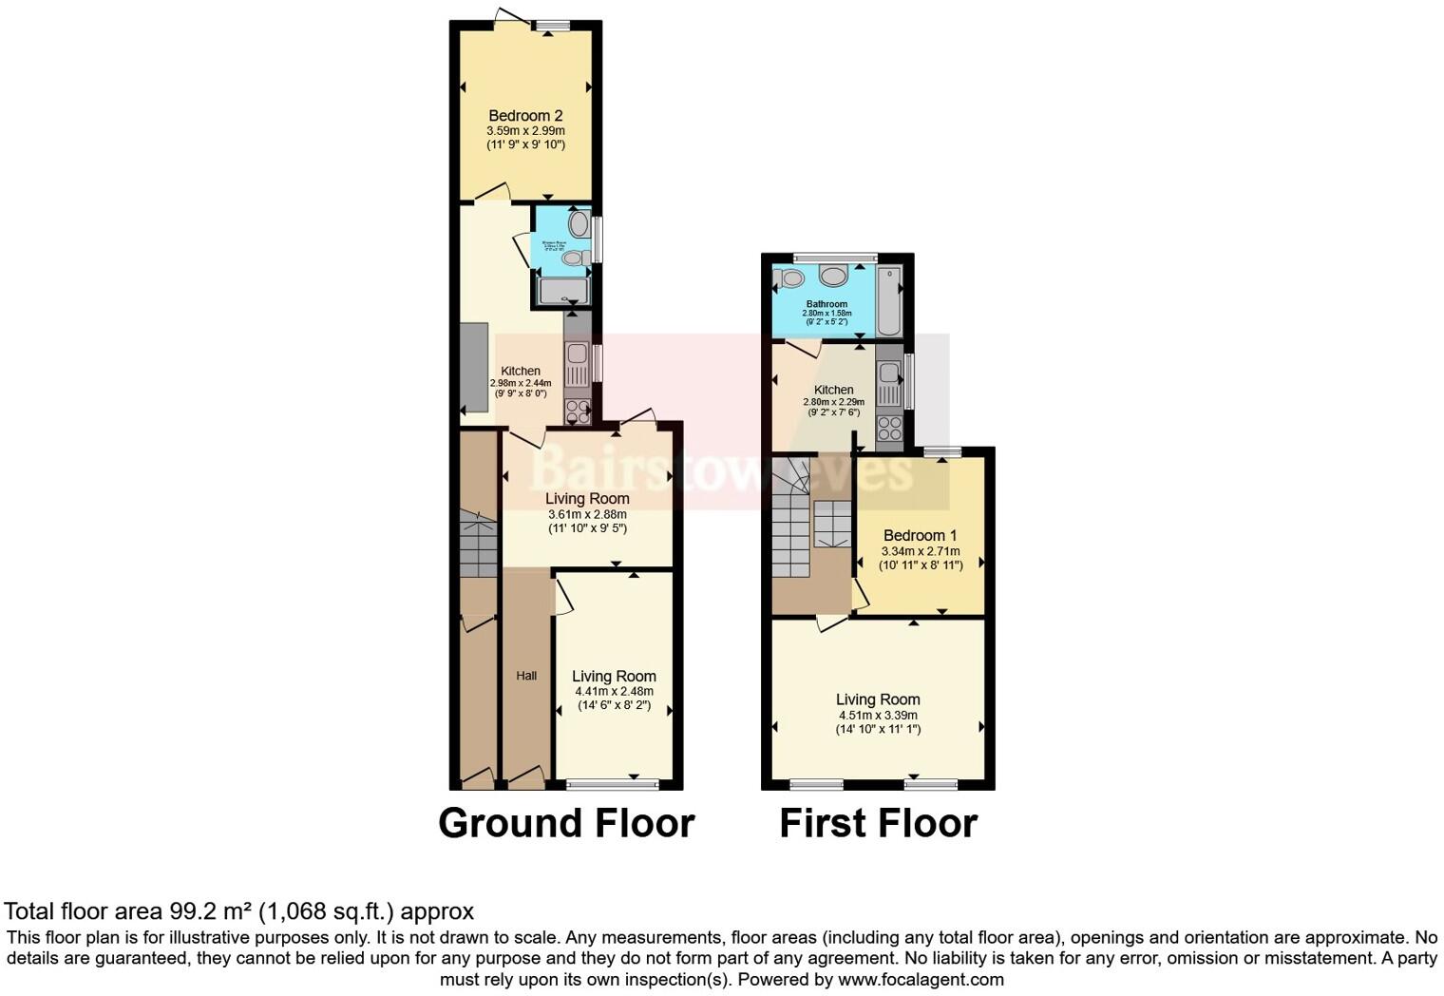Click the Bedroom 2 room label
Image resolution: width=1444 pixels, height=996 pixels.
click(x=525, y=116)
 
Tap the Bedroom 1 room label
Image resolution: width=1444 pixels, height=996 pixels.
click(x=920, y=535)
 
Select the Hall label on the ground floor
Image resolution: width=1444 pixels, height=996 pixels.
click(x=526, y=676)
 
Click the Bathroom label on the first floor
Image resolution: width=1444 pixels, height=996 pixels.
click(x=826, y=304)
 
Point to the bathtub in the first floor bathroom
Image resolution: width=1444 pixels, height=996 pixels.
click(x=888, y=300)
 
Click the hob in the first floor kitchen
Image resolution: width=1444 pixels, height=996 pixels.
click(x=889, y=429)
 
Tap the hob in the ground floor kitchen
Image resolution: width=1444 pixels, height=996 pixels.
click(x=577, y=411)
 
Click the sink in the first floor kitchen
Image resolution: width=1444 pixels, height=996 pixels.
click(x=889, y=380)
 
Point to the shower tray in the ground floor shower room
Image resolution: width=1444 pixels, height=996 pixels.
click(x=563, y=291)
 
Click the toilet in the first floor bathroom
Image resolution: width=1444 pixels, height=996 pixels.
click(x=789, y=278)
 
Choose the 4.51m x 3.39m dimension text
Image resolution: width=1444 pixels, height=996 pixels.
click(x=878, y=716)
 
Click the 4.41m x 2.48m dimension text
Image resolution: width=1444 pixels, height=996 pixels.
click(x=614, y=692)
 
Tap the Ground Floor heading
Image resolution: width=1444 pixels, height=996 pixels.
click(x=566, y=823)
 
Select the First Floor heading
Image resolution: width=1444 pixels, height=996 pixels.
click(x=878, y=823)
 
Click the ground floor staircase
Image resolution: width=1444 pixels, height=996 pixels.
click(x=480, y=544)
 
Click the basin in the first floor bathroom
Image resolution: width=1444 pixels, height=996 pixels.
click(x=834, y=276)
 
